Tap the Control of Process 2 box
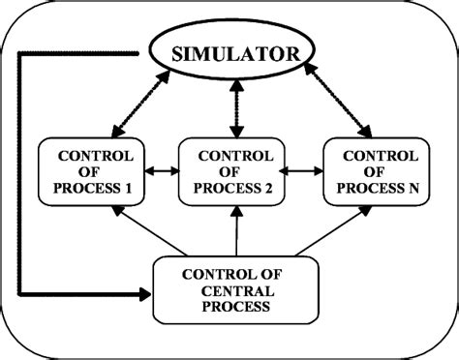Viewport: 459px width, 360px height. coord(232,172)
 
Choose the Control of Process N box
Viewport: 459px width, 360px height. coord(374,172)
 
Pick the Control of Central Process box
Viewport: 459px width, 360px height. coord(234,289)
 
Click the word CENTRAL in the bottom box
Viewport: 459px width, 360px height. coord(235,290)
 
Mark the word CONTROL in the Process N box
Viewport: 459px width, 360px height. coord(374,156)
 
